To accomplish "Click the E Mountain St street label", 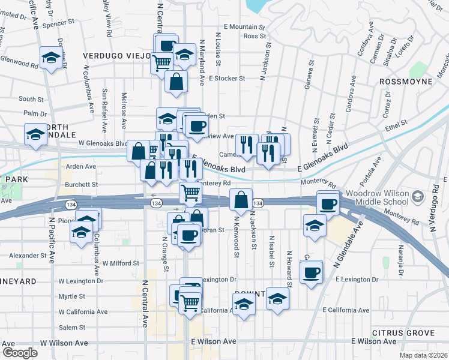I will tap(244, 27).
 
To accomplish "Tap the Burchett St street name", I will tap(82, 185).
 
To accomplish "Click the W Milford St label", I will tap(121, 263).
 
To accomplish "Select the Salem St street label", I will tap(72, 327).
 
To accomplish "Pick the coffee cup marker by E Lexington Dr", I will tap(310, 274).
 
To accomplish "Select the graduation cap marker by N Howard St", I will tap(278, 298).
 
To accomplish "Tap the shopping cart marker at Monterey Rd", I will tap(191, 193).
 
